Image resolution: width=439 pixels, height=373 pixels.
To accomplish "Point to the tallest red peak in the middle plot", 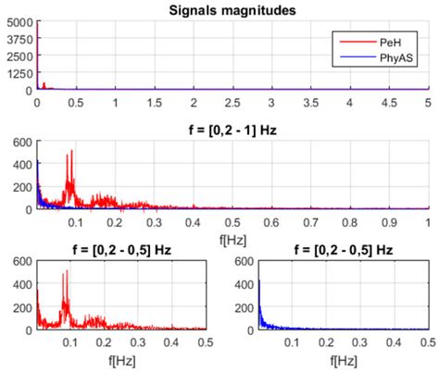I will (69, 154).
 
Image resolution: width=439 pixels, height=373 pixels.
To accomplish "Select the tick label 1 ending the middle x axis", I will (428, 223).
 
